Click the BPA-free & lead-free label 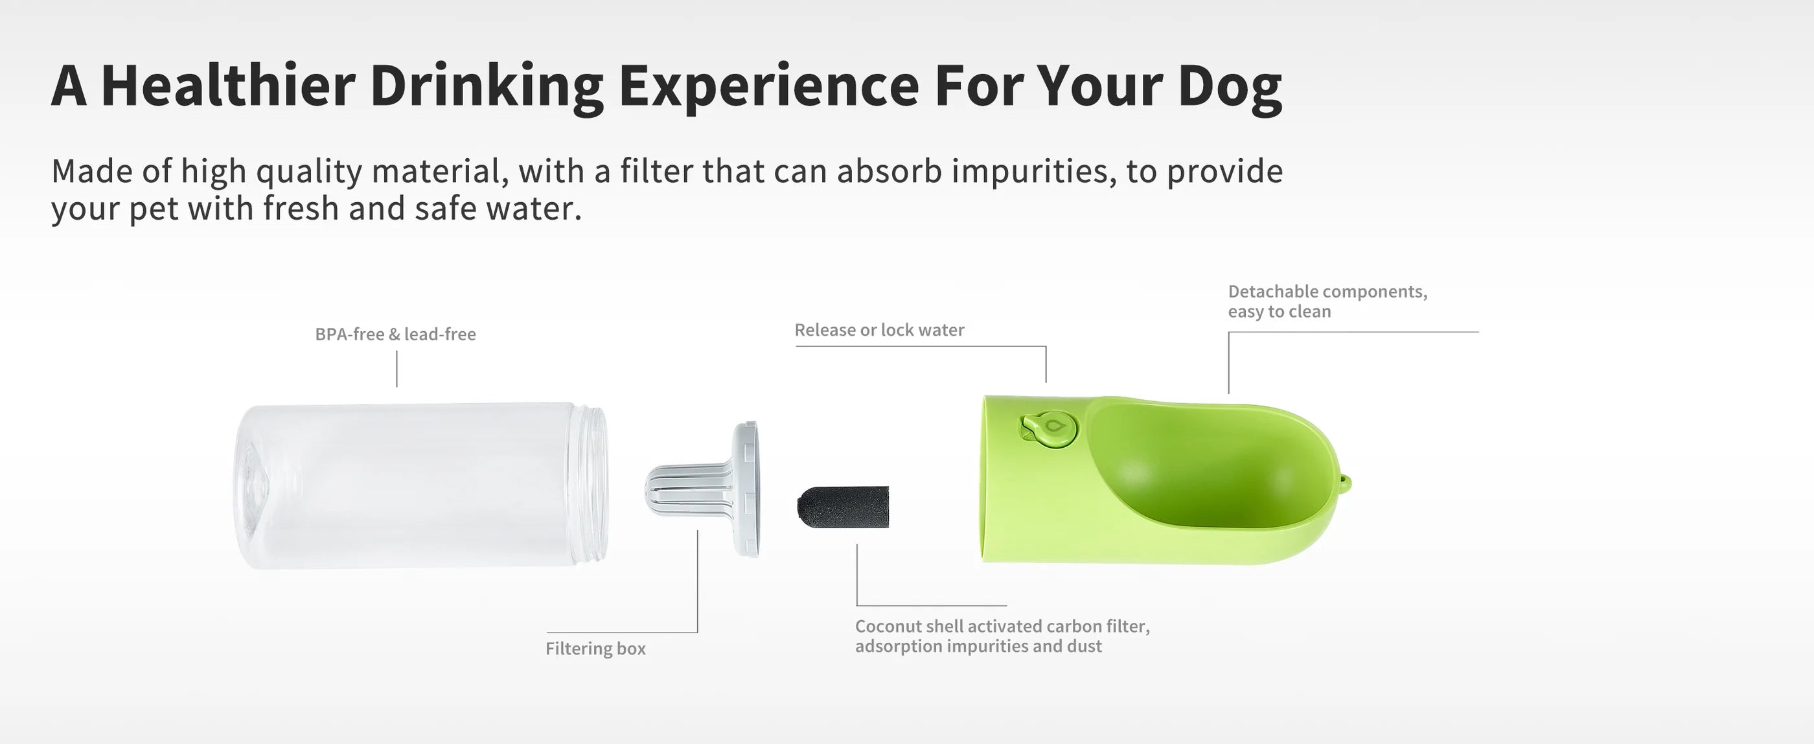(x=395, y=334)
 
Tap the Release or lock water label (x=880, y=330)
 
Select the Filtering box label (x=595, y=648)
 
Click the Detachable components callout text (x=1327, y=301)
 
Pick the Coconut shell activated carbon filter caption (x=1002, y=636)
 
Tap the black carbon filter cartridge (x=842, y=507)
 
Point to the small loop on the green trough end (x=1345, y=484)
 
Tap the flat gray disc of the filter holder (x=746, y=490)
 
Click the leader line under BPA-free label (x=396, y=369)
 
